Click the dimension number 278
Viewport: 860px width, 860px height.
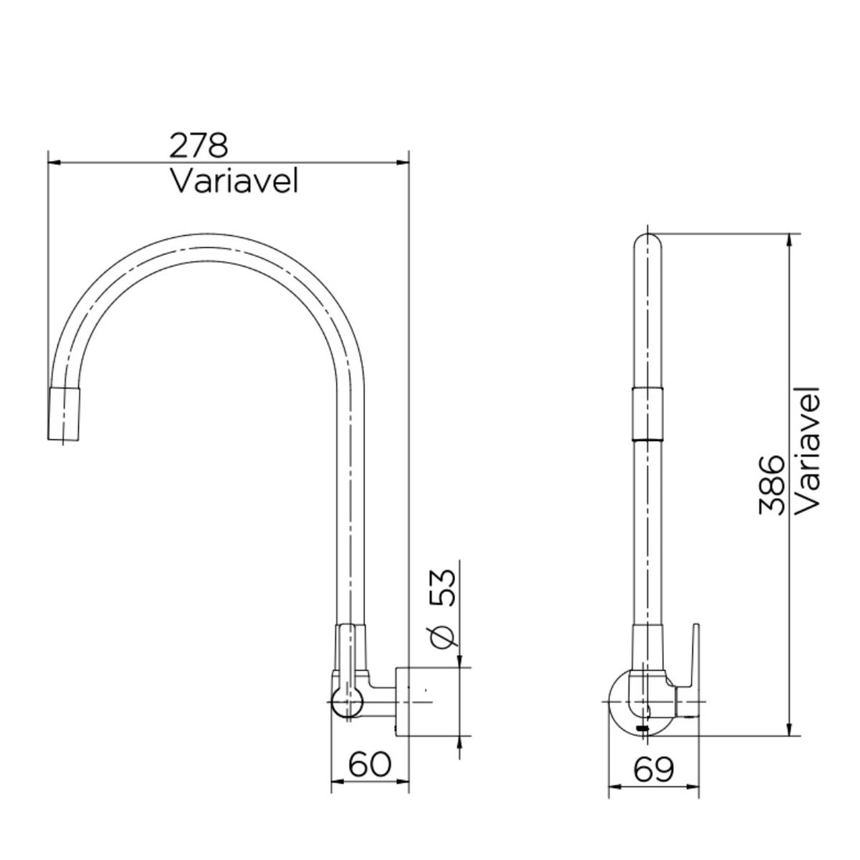[x=199, y=145]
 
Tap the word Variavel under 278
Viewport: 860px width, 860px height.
[x=235, y=181]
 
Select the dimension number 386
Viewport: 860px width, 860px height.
[x=772, y=485]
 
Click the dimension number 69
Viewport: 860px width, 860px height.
[x=654, y=770]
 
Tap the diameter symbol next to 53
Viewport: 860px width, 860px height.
[x=443, y=637]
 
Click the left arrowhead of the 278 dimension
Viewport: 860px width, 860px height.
[x=53, y=163]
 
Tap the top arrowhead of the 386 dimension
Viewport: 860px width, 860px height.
[x=790, y=239]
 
